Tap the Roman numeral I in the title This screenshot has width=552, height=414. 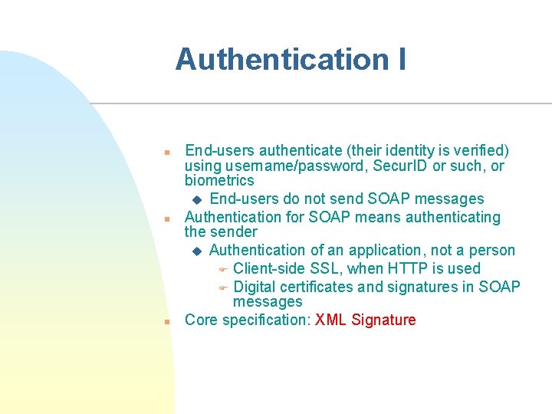(401, 59)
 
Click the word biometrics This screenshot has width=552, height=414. (219, 181)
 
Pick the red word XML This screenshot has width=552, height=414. (330, 320)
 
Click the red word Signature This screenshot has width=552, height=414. (383, 320)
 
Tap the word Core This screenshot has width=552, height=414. (201, 320)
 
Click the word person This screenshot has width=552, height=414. (492, 250)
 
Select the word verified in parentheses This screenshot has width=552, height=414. (477, 150)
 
